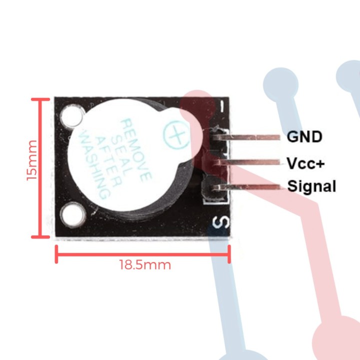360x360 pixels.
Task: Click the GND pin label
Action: (x=304, y=136)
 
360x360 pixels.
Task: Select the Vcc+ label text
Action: (x=304, y=162)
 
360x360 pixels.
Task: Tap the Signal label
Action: (x=311, y=187)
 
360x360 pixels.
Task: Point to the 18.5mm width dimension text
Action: (x=145, y=264)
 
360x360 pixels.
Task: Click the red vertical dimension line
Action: (x=40, y=167)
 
